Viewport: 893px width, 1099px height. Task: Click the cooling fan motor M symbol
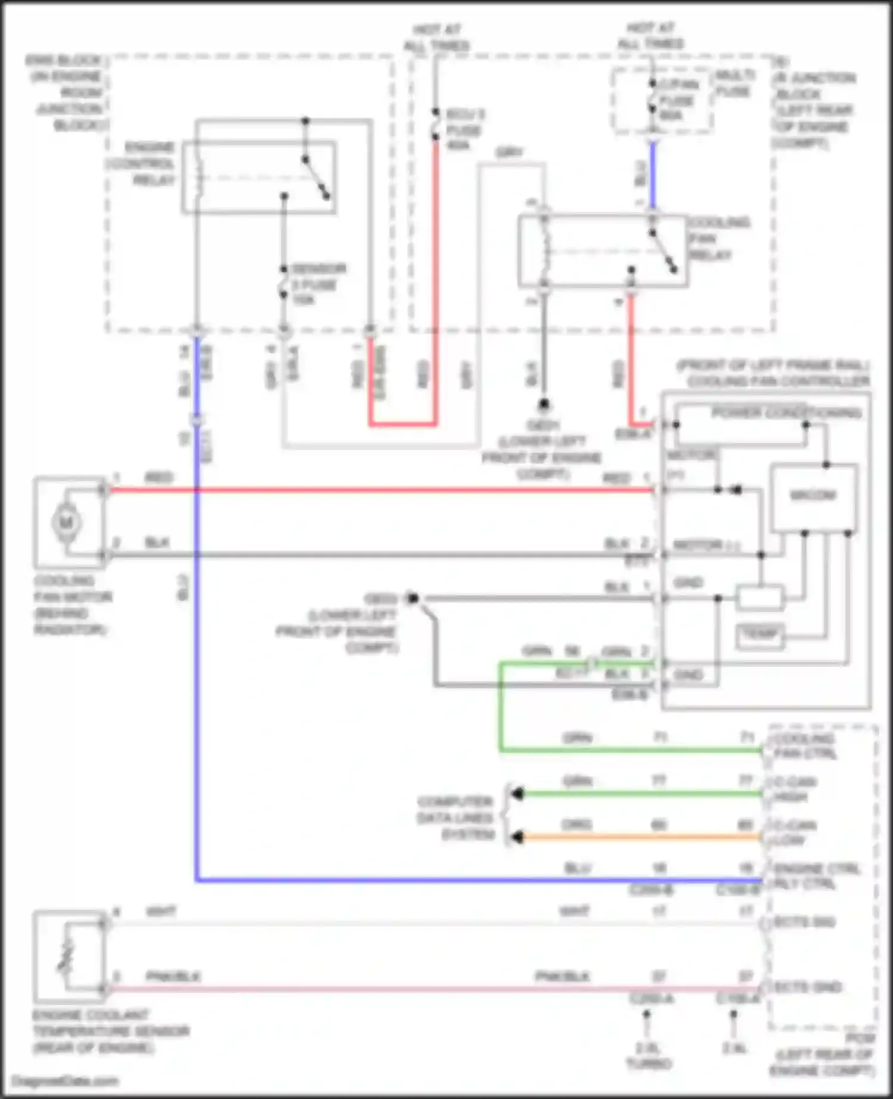(66, 523)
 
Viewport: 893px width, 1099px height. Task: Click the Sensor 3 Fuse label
(317, 284)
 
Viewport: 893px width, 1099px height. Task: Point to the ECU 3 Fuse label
(465, 129)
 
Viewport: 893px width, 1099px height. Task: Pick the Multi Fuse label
(734, 83)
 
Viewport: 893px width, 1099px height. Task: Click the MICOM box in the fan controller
(813, 495)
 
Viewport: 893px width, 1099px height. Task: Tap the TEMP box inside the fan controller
(760, 635)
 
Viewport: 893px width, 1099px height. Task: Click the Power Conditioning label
(786, 413)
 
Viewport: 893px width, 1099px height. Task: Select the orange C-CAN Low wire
(637, 837)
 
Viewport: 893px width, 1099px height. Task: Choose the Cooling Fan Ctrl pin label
(805, 746)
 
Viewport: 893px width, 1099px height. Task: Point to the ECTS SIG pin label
(805, 922)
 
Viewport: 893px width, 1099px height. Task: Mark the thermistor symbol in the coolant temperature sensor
(65, 956)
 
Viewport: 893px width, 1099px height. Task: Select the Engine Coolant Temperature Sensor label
(110, 1031)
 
